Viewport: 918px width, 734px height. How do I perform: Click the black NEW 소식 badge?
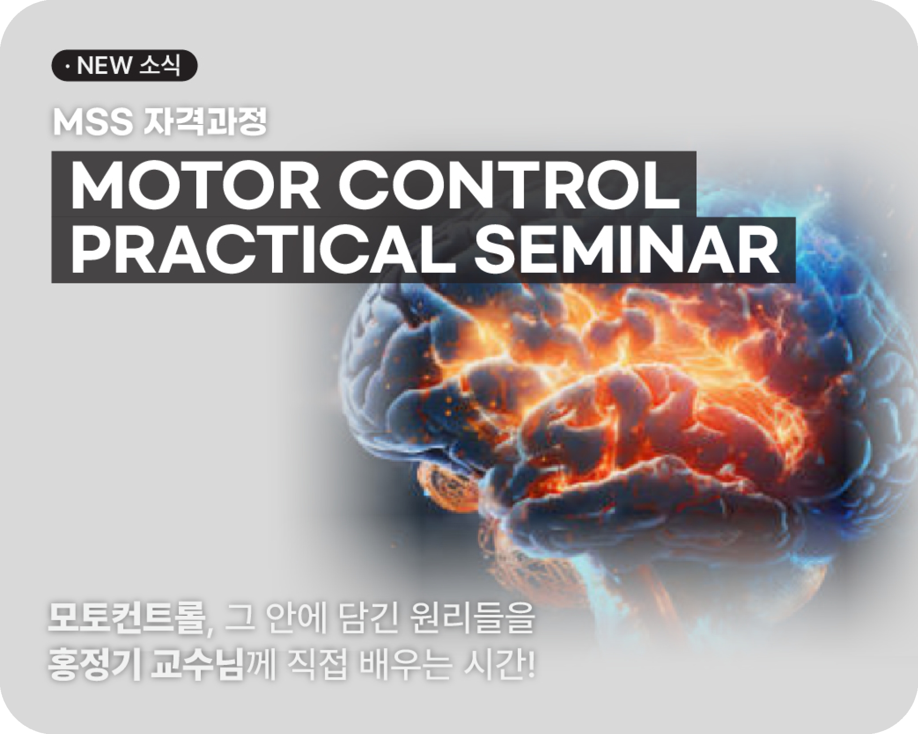(x=125, y=65)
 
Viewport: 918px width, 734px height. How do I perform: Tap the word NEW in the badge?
(x=103, y=66)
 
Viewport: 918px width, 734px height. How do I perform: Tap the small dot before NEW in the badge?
(x=67, y=66)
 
